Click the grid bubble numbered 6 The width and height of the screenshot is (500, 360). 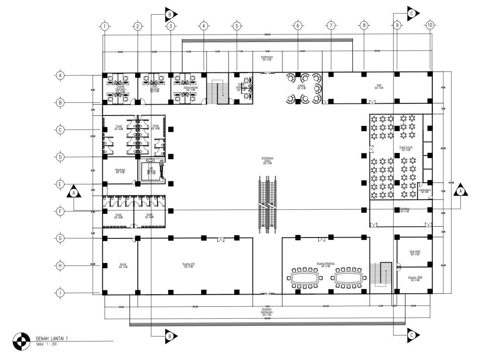click(x=298, y=26)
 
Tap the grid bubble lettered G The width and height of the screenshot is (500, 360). click(x=60, y=238)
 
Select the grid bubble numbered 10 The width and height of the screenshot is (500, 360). click(x=430, y=26)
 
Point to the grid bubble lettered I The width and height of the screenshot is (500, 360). click(x=60, y=293)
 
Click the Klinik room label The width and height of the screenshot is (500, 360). click(x=123, y=264)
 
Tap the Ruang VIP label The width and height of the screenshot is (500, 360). click(x=189, y=264)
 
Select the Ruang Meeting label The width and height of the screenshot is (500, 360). click(x=325, y=264)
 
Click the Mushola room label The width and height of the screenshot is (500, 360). click(x=120, y=170)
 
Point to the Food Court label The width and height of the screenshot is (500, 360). click(x=405, y=147)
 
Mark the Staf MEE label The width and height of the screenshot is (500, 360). click(x=415, y=251)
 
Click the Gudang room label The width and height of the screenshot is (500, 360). click(x=405, y=209)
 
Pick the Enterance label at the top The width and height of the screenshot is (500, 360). click(x=267, y=57)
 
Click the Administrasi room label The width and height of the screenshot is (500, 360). click(x=190, y=87)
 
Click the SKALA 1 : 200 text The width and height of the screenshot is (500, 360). click(x=46, y=344)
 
